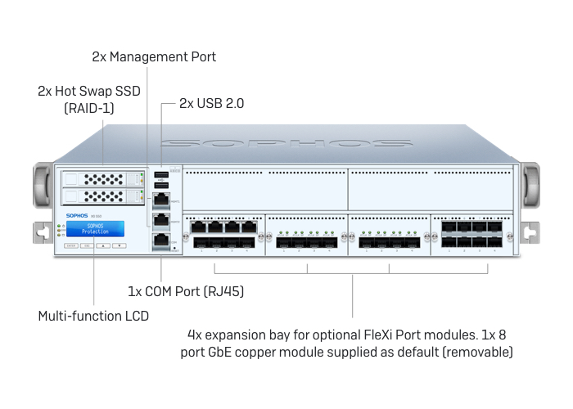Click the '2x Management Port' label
point(154,57)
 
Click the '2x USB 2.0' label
point(212,104)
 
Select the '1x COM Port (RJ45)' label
point(186,290)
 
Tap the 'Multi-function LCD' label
point(93,315)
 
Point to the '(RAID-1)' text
point(88,107)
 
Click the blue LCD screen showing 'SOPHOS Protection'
point(94,229)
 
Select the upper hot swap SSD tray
point(102,178)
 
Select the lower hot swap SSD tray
point(102,196)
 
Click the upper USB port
point(162,173)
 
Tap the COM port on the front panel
point(162,240)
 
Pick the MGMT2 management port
point(162,219)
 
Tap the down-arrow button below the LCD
point(120,245)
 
